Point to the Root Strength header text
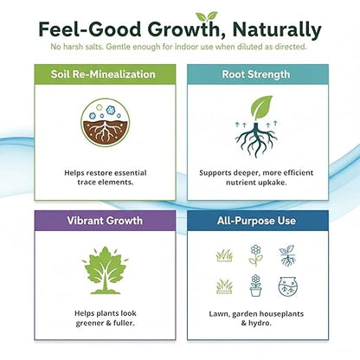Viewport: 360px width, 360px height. (x=256, y=74)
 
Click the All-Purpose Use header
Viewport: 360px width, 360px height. (x=256, y=221)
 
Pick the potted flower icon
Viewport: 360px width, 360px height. (x=255, y=285)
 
